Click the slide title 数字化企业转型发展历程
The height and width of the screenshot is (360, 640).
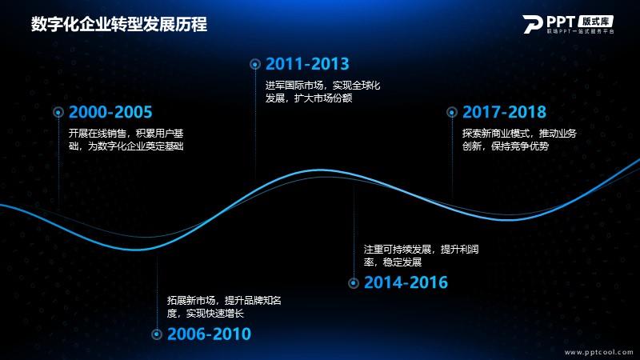119,25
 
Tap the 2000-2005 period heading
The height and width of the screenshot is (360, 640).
110,112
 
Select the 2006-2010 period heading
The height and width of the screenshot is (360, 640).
209,334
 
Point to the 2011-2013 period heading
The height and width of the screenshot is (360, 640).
307,64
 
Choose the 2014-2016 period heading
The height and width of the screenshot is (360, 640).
406,283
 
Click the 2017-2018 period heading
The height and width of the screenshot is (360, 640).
504,112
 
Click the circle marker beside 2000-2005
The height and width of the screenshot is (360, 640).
58,112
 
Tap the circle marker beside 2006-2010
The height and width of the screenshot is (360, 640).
157,334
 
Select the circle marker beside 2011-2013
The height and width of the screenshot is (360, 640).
255,64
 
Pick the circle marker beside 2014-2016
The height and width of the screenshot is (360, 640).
354,283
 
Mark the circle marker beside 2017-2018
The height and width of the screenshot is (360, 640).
452,112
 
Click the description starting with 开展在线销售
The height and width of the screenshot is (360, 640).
126,139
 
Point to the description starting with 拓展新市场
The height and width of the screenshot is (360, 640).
224,307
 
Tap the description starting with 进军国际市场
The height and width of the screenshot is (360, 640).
323,91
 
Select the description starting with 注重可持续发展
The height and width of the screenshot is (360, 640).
422,255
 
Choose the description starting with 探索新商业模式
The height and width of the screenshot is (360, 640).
519,139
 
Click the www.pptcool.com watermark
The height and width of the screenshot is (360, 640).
598,352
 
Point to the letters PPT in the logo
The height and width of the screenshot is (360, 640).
561,22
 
